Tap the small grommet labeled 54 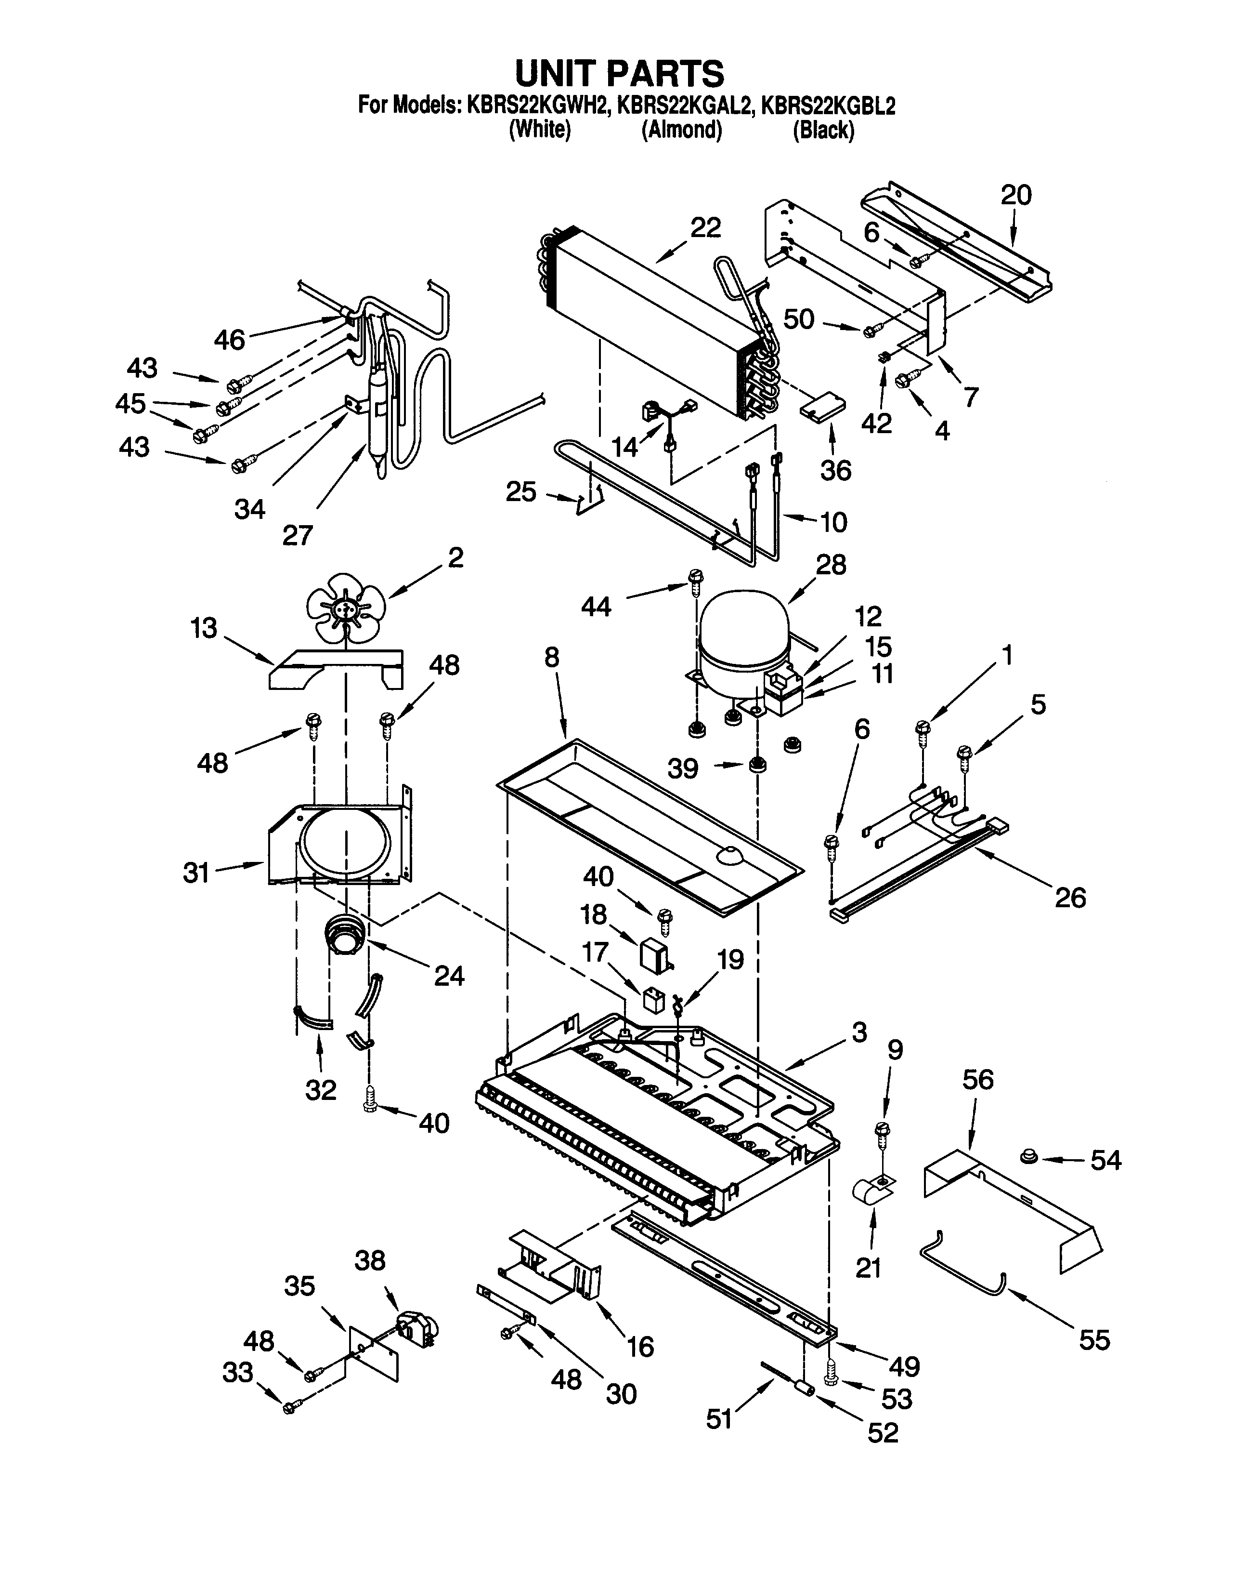tap(1029, 1157)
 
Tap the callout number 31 tap(196, 872)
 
